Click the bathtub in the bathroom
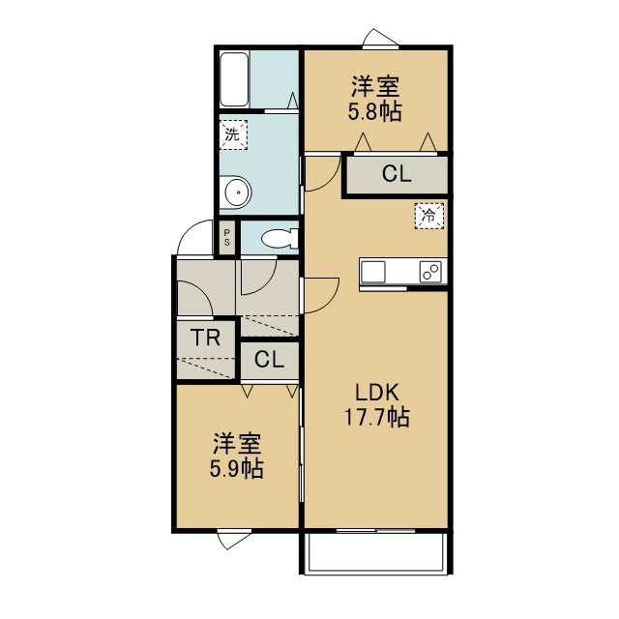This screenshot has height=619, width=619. (x=234, y=79)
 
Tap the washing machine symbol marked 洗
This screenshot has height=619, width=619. (x=233, y=134)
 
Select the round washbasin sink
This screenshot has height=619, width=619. (x=237, y=192)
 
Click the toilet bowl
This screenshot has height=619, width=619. (x=280, y=239)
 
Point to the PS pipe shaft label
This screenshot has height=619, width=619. (x=227, y=238)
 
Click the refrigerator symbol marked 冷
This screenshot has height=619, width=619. (x=429, y=216)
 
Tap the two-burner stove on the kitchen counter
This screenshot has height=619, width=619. (x=430, y=272)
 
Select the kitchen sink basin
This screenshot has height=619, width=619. (x=372, y=272)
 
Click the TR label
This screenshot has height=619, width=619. (x=205, y=338)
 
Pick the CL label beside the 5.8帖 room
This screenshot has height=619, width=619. (x=397, y=174)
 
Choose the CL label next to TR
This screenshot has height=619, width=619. (x=269, y=360)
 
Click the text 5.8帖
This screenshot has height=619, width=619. (x=375, y=111)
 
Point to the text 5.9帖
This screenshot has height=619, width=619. (x=236, y=468)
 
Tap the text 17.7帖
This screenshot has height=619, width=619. (x=377, y=417)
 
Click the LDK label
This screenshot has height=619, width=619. (x=377, y=393)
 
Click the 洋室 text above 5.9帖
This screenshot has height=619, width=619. (x=237, y=444)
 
